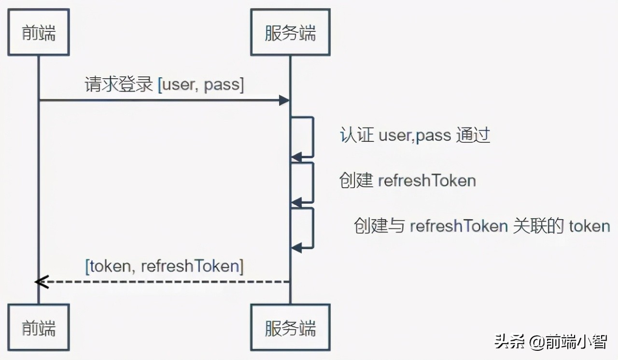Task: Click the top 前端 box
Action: pyautogui.click(x=39, y=32)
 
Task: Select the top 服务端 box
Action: pyautogui.click(x=290, y=32)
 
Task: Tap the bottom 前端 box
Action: pyautogui.click(x=39, y=327)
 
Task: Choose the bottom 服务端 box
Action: pyautogui.click(x=290, y=327)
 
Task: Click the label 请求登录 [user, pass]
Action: pyautogui.click(x=164, y=85)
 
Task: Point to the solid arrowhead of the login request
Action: pyautogui.click(x=284, y=100)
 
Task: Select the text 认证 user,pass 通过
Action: pyautogui.click(x=415, y=135)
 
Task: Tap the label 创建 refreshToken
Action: pyautogui.click(x=408, y=180)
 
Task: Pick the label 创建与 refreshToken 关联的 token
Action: pyautogui.click(x=482, y=226)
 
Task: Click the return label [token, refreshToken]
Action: pyautogui.click(x=164, y=266)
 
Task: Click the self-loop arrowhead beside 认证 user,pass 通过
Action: pyautogui.click(x=296, y=157)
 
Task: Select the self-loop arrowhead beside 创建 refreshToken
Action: pyautogui.click(x=296, y=202)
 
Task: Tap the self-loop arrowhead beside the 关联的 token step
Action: pyautogui.click(x=296, y=248)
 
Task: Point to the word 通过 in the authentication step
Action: pyautogui.click(x=473, y=135)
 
